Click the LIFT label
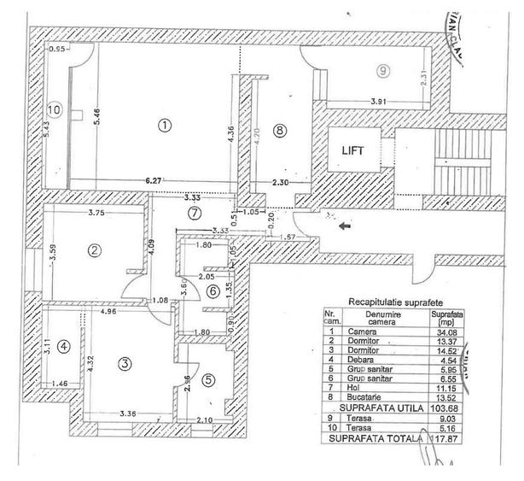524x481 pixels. click(353, 150)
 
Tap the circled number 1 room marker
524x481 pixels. click(165, 125)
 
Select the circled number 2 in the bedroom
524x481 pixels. click(96, 250)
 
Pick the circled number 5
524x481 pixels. click(213, 291)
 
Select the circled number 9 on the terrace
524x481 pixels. click(54, 109)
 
